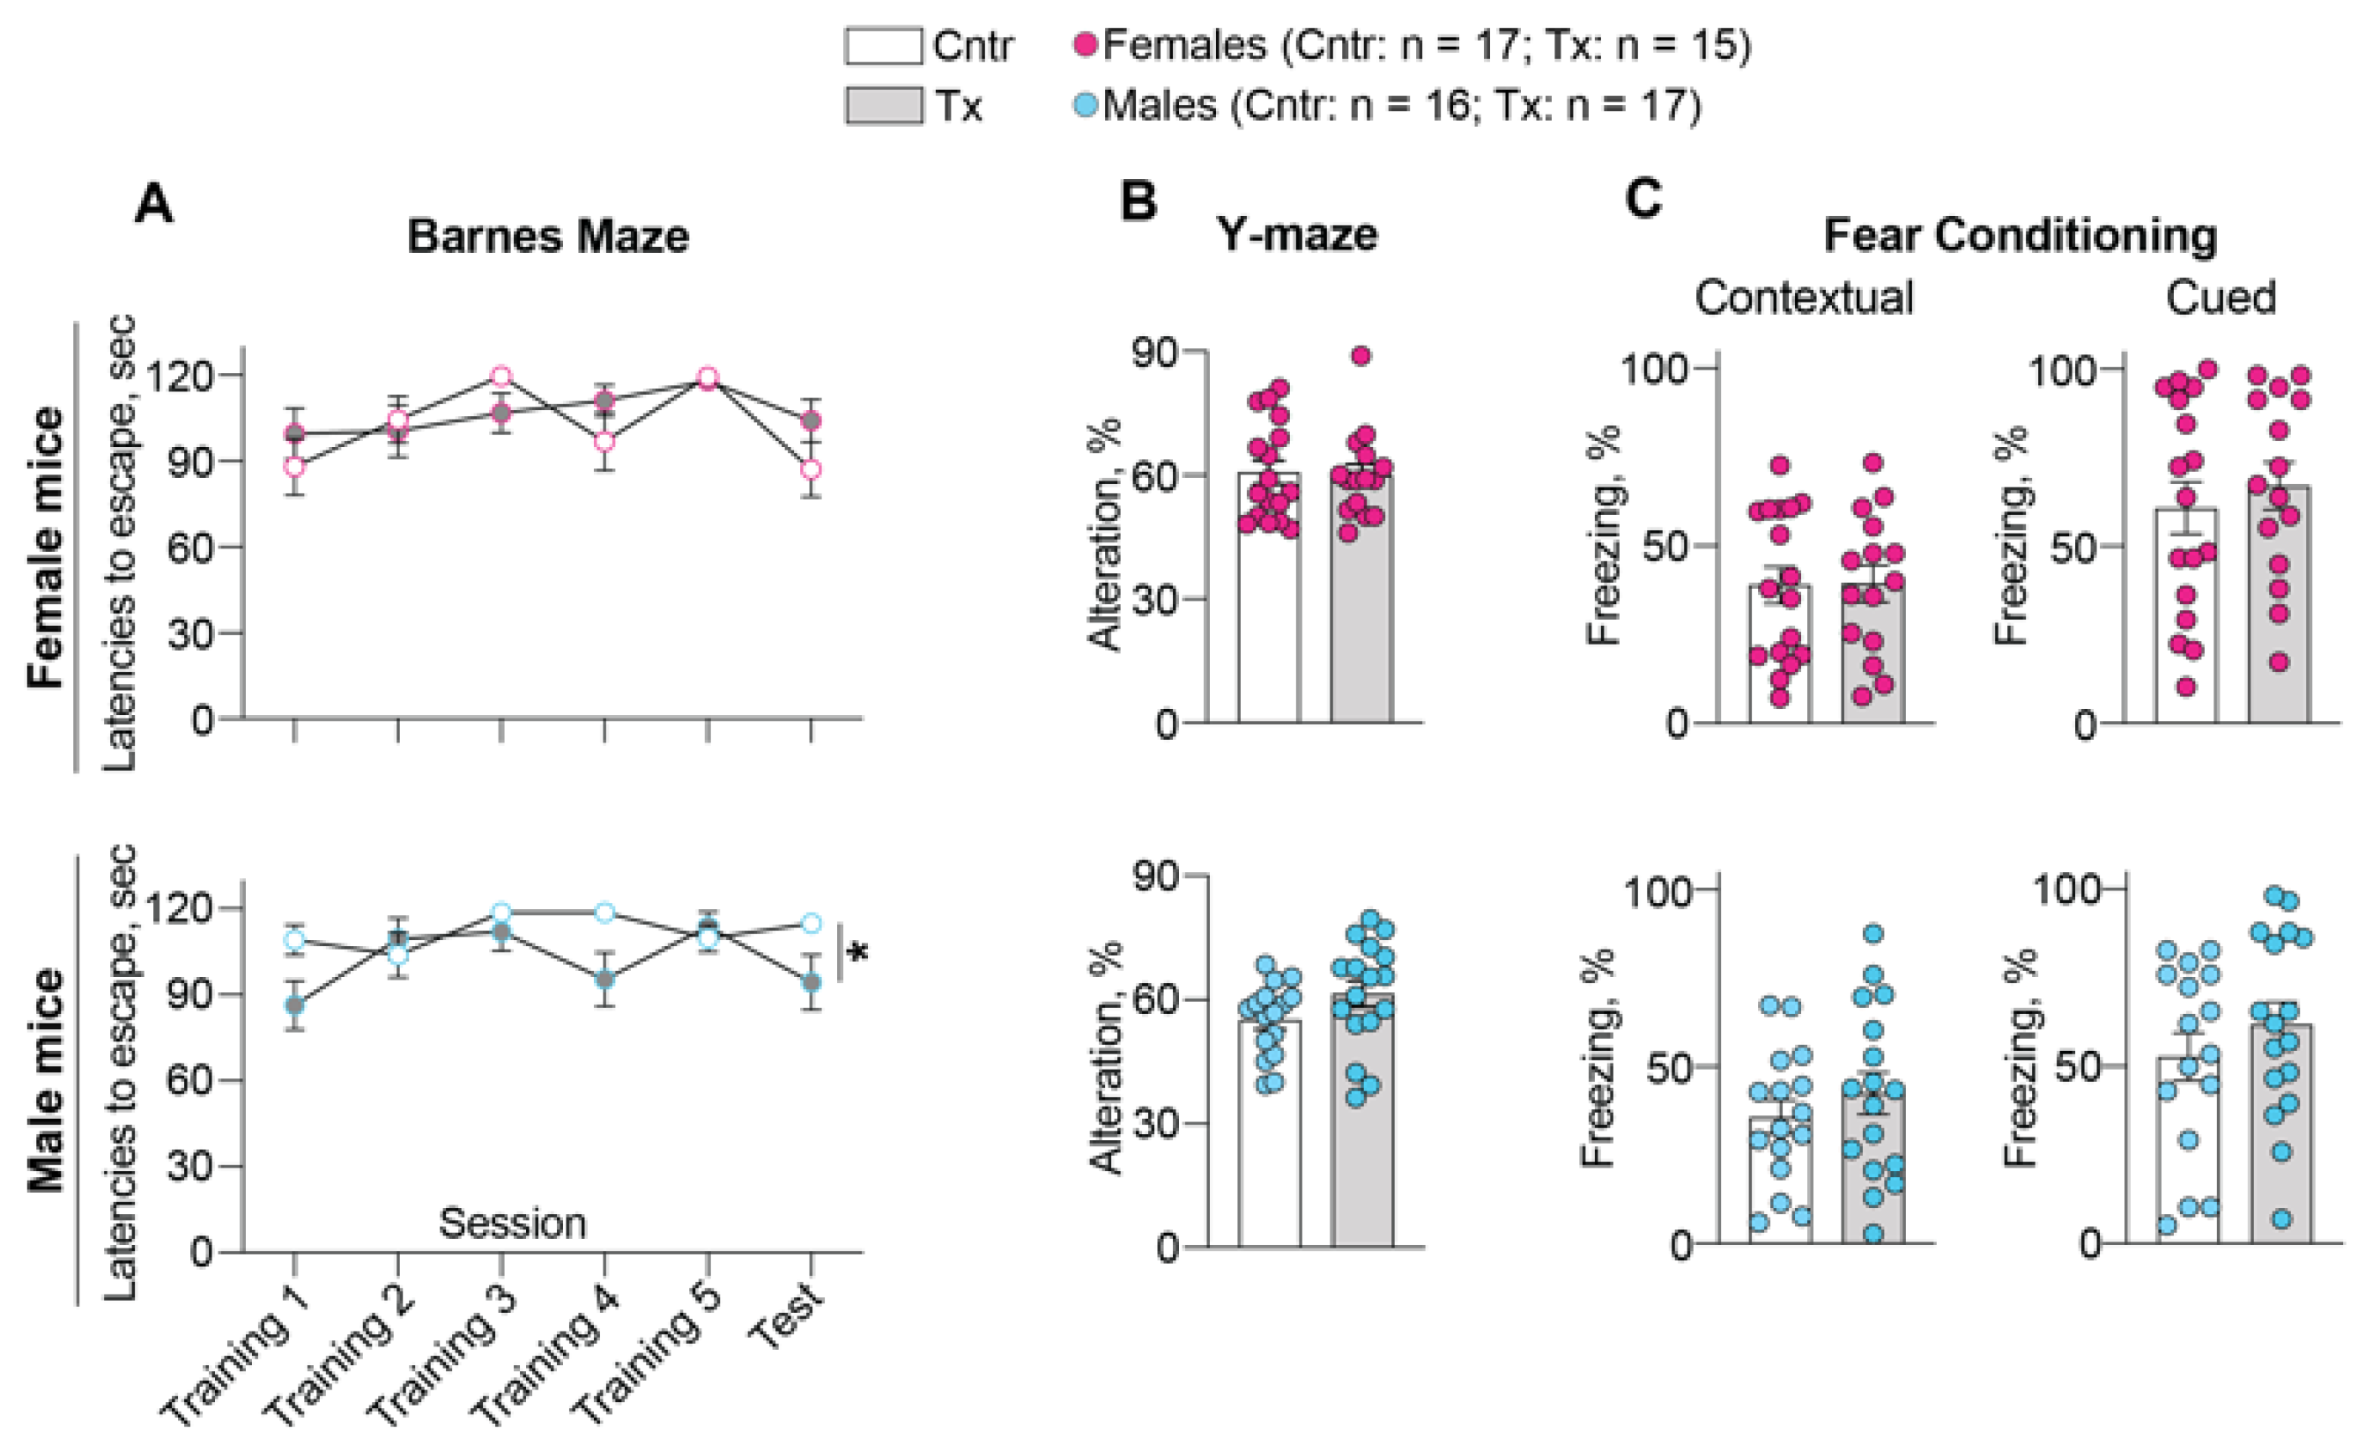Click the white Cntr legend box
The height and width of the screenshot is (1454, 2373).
click(x=882, y=45)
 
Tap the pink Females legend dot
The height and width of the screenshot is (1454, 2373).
click(x=1086, y=44)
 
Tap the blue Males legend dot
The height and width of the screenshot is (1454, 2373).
click(x=1086, y=104)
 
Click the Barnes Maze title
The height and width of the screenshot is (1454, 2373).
click(x=547, y=236)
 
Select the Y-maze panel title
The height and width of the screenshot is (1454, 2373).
click(x=1296, y=235)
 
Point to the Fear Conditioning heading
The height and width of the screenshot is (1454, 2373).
click(x=2020, y=236)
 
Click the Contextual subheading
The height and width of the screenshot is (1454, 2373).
click(x=1803, y=298)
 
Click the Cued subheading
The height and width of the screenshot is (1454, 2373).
click(x=2220, y=298)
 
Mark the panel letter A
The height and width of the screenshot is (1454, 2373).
click(x=154, y=204)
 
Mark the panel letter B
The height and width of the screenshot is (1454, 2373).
click(x=1138, y=202)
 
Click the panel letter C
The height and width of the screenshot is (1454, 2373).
click(x=1643, y=200)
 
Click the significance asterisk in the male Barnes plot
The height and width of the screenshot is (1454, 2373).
click(x=857, y=953)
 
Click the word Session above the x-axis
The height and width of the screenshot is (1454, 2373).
click(x=512, y=1224)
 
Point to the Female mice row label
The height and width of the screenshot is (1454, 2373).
click(x=45, y=548)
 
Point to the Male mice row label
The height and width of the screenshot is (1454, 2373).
click(x=45, y=1079)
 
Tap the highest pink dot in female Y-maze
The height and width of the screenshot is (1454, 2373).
click(x=1360, y=356)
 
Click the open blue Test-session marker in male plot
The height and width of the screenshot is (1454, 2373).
click(x=811, y=923)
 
